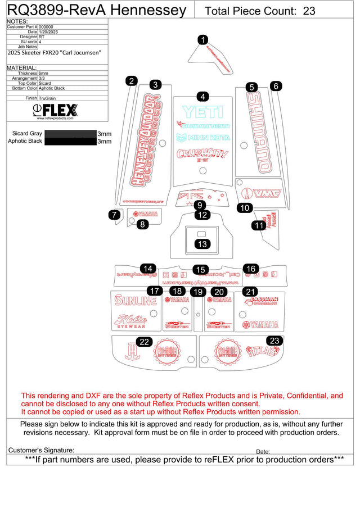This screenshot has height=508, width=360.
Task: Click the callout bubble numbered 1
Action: point(203,39)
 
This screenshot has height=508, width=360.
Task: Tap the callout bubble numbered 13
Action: point(202,244)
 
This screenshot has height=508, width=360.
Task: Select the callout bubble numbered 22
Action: point(145,342)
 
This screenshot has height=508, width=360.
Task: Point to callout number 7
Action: point(114,215)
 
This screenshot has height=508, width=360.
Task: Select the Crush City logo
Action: point(202,154)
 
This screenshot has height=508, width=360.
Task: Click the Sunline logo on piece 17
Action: point(136,301)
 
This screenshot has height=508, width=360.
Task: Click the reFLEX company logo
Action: point(56,110)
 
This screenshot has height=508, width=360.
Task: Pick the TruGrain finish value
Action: point(47,98)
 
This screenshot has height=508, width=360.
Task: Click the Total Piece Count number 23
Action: point(309,11)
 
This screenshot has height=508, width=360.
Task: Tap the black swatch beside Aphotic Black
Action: point(70,142)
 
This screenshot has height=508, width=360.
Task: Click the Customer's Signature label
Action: point(41,450)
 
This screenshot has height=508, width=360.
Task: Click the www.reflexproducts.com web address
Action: point(55,119)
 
